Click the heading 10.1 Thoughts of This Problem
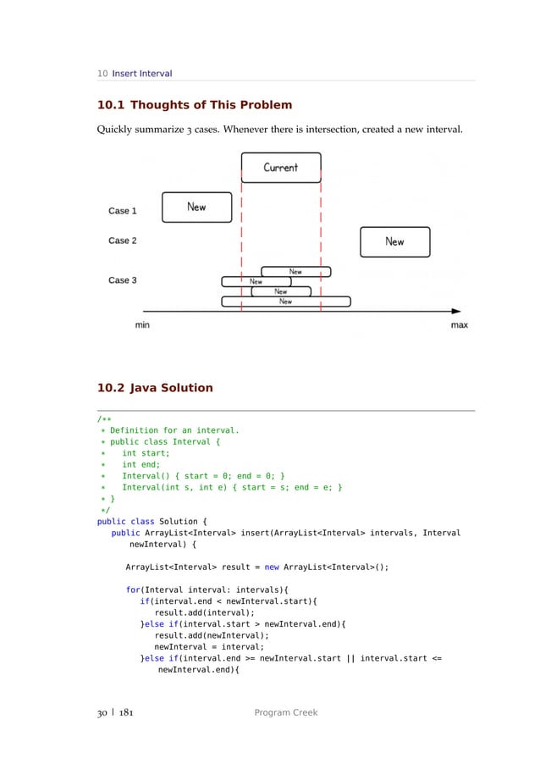click(x=195, y=105)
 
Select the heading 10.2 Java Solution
click(x=155, y=388)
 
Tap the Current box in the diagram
click(x=281, y=168)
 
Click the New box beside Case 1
click(x=196, y=207)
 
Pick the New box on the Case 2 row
click(x=394, y=241)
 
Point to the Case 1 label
click(x=123, y=211)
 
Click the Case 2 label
click(x=123, y=241)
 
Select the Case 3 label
click(x=123, y=280)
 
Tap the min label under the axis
click(x=142, y=325)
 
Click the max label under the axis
click(x=459, y=325)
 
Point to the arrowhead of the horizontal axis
click(x=456, y=311)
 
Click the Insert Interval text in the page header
click(x=142, y=74)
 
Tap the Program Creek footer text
click(x=286, y=713)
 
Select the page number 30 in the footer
click(x=102, y=713)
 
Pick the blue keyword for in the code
click(x=133, y=589)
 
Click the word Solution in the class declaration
click(x=177, y=521)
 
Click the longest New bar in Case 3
click(x=286, y=302)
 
